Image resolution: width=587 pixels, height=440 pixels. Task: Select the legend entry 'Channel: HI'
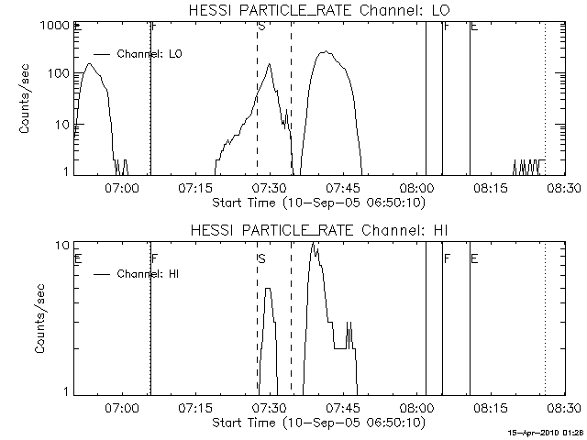147,273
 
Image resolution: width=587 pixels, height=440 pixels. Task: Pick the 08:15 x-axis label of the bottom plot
490,408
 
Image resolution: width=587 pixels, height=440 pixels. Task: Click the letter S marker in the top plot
261,26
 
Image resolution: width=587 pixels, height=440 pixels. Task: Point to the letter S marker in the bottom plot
261,259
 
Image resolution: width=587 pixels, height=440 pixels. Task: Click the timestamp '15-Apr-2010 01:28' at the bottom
546,431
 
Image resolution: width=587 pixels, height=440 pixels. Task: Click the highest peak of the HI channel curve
314,243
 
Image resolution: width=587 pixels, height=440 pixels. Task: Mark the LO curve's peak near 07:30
270,64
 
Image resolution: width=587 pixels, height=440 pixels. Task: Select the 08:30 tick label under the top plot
562,188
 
